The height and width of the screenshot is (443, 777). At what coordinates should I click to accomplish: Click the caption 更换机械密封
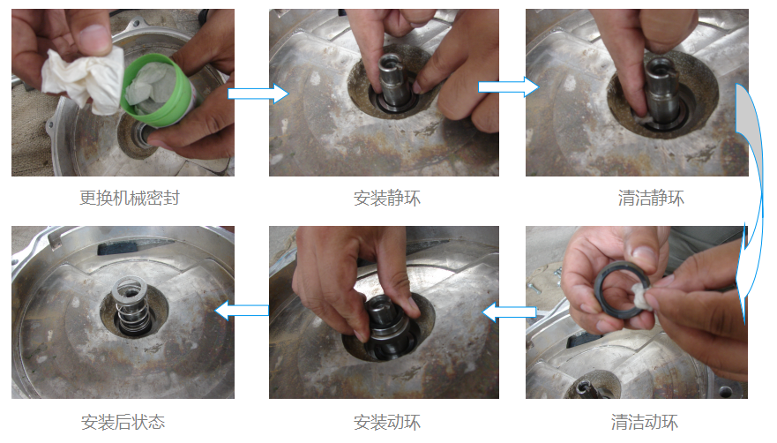pos(130,198)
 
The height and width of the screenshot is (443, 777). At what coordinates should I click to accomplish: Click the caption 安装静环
pos(386,199)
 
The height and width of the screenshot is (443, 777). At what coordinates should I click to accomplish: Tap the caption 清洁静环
pos(651,198)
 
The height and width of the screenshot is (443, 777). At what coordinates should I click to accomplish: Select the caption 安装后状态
pos(123,422)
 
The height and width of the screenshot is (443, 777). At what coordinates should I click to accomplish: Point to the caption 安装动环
pos(386,422)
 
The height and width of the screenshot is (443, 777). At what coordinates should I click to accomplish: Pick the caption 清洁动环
pos(644,422)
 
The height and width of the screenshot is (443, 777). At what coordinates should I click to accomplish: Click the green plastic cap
pos(159,90)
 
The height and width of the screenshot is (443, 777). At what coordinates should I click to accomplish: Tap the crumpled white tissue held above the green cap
pos(85,79)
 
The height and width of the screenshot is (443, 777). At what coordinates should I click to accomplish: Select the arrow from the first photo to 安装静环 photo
pos(258,93)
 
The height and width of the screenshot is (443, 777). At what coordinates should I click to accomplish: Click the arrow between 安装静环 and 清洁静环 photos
pos(508,87)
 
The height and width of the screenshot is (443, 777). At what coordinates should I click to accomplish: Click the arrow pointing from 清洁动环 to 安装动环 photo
pos(510,312)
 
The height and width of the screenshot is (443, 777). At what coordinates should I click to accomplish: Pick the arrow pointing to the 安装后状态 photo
pos(242,311)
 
